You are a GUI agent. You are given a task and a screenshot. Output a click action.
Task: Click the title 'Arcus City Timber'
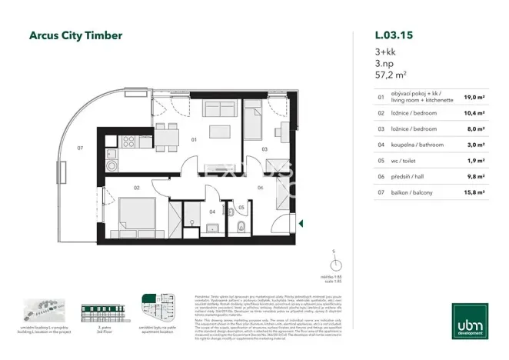[75, 35]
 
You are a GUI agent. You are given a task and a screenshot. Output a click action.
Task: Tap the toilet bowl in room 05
[241, 226]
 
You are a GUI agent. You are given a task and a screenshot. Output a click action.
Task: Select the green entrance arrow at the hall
[293, 224]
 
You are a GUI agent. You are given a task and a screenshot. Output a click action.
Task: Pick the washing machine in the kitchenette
[111, 165]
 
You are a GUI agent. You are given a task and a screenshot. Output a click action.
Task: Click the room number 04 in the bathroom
[213, 209]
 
